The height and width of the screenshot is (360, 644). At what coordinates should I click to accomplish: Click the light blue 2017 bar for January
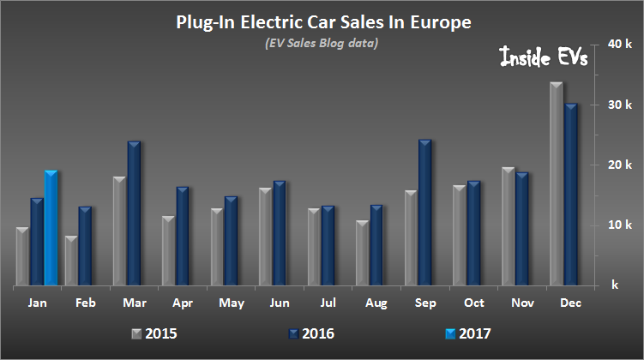click(51, 228)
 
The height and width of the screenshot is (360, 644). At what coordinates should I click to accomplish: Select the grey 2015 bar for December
click(556, 183)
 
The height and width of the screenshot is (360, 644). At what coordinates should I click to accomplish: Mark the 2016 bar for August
click(376, 245)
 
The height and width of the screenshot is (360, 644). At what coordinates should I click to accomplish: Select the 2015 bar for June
click(264, 237)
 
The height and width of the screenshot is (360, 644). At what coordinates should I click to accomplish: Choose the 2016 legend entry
click(312, 333)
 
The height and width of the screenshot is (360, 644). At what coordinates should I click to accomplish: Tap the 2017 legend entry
click(472, 333)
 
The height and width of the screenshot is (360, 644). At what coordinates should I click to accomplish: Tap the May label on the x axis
click(231, 303)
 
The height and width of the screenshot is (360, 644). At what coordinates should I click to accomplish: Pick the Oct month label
click(474, 303)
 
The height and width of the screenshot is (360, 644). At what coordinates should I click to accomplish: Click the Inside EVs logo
click(543, 61)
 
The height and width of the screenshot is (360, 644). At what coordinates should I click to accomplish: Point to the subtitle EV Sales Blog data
click(322, 43)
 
